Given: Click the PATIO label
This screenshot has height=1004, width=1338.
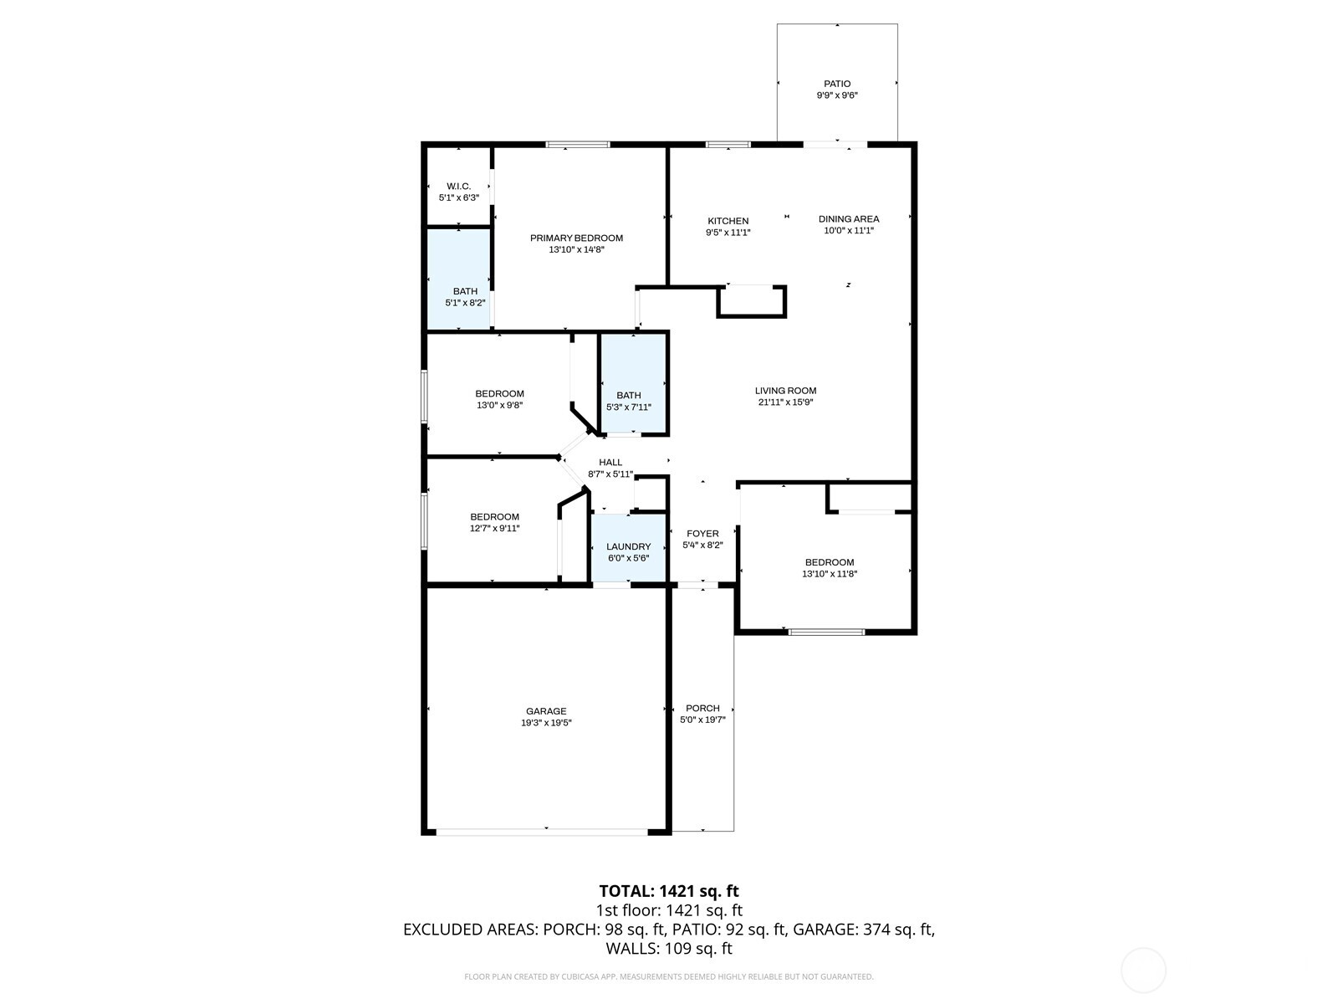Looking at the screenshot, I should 837,84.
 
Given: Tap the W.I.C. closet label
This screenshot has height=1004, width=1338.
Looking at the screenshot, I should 458,187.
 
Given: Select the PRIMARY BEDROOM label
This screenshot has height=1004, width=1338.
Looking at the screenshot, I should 576,238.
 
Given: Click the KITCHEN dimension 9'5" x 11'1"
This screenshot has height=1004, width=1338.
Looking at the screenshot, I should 728,233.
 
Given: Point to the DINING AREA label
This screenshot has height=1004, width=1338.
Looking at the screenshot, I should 848,219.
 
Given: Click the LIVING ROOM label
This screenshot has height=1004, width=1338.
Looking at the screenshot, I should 785,391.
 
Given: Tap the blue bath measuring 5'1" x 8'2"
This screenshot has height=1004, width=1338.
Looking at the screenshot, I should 459,280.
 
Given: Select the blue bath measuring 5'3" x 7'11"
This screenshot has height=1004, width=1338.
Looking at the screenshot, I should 633,385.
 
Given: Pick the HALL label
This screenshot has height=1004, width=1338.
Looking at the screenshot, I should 610,463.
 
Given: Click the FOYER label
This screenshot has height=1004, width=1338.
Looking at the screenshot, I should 702,534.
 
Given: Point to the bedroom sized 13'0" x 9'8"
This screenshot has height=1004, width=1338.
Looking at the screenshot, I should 499,399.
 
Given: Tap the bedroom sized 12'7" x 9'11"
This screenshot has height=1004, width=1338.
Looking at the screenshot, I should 494,522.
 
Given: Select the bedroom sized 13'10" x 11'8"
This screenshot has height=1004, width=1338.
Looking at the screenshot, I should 829,568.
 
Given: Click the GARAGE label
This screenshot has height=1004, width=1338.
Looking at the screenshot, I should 546,711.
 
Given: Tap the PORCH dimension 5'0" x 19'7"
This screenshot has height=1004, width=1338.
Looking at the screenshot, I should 702,720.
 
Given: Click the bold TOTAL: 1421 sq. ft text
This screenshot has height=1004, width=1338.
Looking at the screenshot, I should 669,891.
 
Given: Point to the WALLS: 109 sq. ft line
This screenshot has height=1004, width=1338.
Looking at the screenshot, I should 669,949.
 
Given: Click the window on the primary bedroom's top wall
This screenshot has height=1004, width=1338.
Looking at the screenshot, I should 578,145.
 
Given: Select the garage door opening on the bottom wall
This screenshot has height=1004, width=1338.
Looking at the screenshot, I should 542,831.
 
